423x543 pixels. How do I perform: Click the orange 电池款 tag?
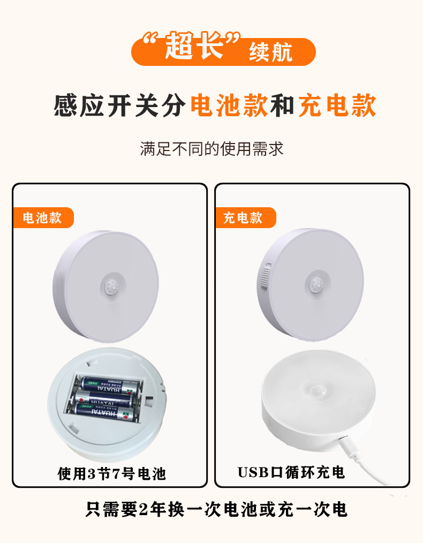[42, 218]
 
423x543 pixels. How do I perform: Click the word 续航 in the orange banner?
[271, 54]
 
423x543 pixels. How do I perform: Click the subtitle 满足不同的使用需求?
[211, 148]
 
